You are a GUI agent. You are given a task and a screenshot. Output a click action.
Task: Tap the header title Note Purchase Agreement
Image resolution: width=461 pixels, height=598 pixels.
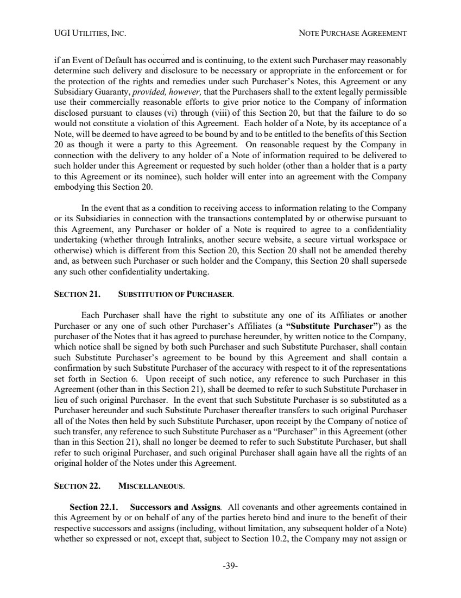[353, 34]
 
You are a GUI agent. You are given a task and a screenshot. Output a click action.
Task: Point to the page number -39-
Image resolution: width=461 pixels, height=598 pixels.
[231, 566]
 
